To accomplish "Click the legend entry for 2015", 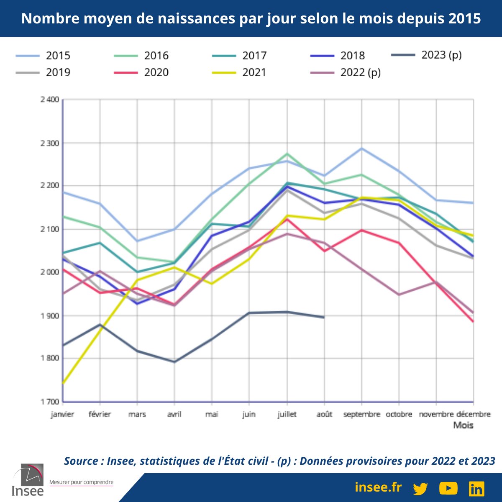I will (x=58, y=56).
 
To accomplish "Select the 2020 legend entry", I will (x=156, y=72).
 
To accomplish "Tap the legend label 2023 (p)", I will (x=441, y=55).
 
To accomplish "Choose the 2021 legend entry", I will (x=254, y=72).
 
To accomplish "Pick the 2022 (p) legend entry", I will (x=360, y=72).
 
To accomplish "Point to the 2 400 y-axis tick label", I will (x=50, y=100).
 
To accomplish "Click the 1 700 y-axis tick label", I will (x=50, y=402).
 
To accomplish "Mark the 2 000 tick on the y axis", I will (x=50, y=272).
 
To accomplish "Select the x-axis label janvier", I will (x=62, y=414).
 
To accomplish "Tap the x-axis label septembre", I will (x=361, y=414).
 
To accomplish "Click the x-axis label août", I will (x=324, y=414).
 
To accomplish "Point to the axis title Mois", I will (x=464, y=425).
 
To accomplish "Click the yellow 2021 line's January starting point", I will (x=63, y=383).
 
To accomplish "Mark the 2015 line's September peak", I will (x=362, y=148).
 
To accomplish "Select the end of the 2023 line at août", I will (x=324, y=318).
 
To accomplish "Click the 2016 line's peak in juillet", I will (x=287, y=154).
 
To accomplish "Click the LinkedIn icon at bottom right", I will (x=476, y=488).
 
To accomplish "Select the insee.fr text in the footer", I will (x=378, y=487).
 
